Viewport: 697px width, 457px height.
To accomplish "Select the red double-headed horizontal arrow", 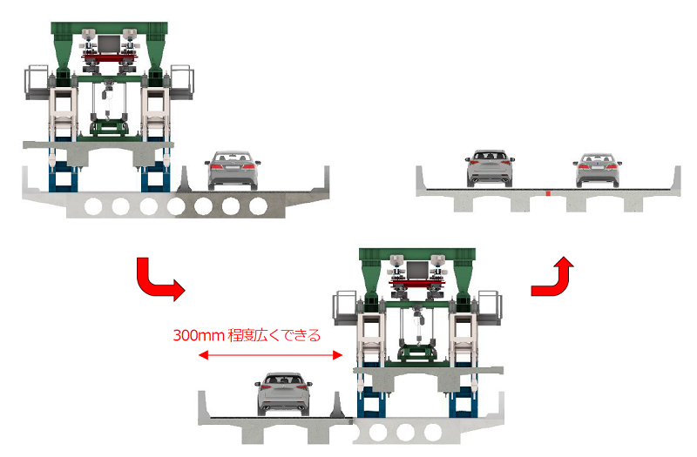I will tap(270, 355).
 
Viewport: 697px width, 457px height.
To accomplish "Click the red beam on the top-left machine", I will tap(109, 57).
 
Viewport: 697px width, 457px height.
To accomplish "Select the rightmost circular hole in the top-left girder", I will tap(258, 207).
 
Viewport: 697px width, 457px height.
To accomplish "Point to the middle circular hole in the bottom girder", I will tap(403, 432).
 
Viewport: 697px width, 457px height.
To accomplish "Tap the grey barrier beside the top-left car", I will tap(184, 179).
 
